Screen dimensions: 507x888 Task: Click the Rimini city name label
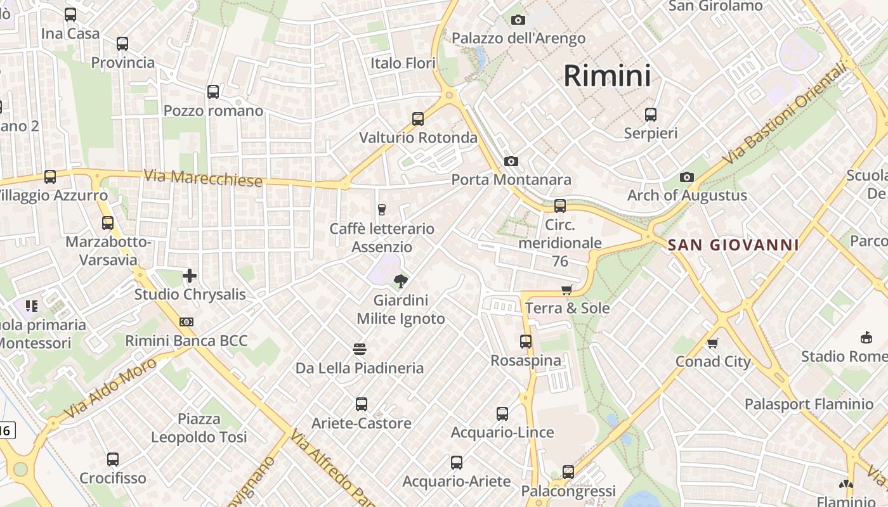(607, 76)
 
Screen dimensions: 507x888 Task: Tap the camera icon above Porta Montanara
(511, 162)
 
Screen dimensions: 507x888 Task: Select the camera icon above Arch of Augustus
(686, 177)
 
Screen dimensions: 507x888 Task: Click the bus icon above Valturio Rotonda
(417, 119)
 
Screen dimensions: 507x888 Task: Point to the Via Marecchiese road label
(203, 178)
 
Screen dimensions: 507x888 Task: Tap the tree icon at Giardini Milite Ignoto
(400, 281)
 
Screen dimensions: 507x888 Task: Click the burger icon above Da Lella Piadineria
(360, 349)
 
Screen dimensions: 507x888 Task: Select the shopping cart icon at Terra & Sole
(566, 290)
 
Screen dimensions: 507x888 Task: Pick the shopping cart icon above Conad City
(713, 343)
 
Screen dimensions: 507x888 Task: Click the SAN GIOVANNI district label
(733, 245)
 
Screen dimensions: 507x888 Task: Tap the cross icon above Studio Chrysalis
(189, 276)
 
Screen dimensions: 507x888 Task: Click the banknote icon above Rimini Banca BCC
(186, 322)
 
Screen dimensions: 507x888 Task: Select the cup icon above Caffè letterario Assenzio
(382, 210)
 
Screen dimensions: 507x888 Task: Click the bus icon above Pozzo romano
(213, 92)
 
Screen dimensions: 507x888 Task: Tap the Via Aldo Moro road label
(110, 388)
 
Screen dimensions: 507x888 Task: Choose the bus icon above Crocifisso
(113, 459)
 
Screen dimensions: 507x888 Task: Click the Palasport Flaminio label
(809, 404)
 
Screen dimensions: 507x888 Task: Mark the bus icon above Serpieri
(651, 115)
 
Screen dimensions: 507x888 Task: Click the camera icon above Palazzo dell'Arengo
(518, 20)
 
